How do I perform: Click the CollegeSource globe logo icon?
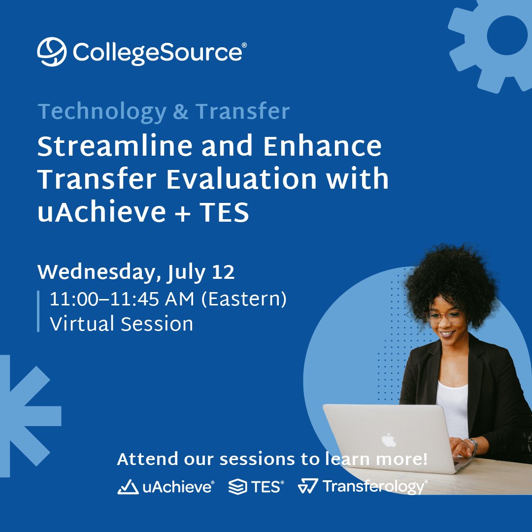(x=52, y=51)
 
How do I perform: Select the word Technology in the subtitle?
(x=101, y=112)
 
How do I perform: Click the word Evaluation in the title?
(x=241, y=179)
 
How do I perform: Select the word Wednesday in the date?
(x=96, y=272)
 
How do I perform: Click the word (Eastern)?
(x=243, y=299)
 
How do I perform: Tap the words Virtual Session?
(x=121, y=324)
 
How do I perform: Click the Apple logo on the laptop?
(x=389, y=440)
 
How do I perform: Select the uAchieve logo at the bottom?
(x=166, y=487)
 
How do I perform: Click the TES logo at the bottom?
(x=256, y=487)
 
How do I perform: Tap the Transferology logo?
(x=363, y=487)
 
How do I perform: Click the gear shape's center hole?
(x=507, y=35)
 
